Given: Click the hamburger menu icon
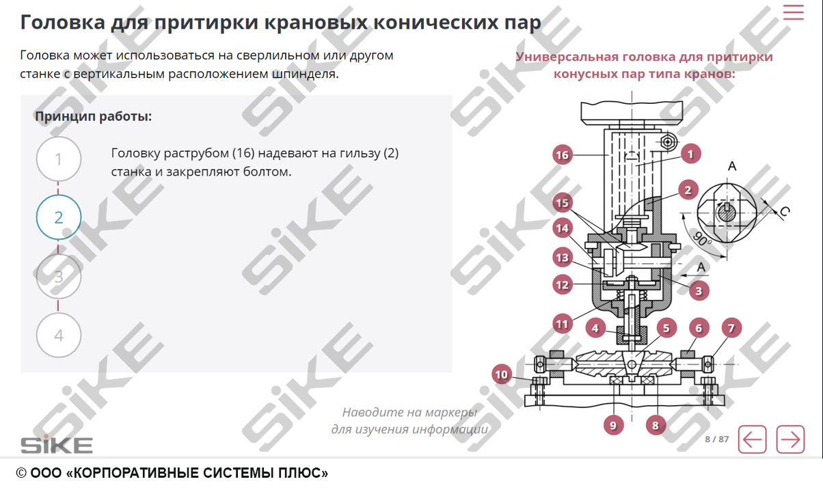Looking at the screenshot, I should tap(793, 12).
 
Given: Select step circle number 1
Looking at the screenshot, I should tap(59, 159).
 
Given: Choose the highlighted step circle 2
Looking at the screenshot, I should tap(59, 217).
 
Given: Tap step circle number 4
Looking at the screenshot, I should tap(59, 336).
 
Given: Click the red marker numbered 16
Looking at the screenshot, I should tap(562, 155).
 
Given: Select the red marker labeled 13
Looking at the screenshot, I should tap(562, 258).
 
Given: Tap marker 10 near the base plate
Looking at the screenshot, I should tap(502, 375).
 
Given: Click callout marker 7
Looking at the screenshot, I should tap(731, 329).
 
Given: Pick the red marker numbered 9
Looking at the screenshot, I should tap(613, 425).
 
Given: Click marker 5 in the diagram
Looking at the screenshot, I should tap(664, 329).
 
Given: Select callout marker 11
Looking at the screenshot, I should tap(562, 323).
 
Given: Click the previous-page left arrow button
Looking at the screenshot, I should tap(752, 439).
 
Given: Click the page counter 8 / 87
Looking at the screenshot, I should tap(716, 439).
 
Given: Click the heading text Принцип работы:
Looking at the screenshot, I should tap(93, 116).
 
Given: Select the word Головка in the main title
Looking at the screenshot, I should tap(62, 22).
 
